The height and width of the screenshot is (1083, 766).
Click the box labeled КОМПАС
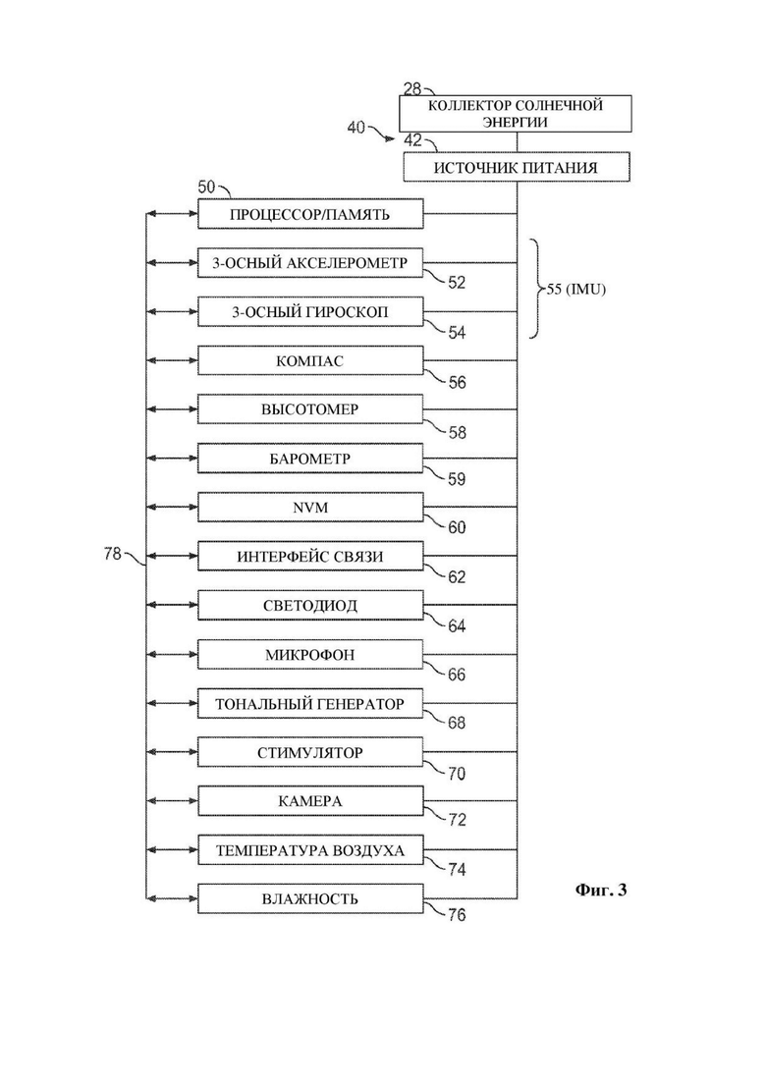coord(310,360)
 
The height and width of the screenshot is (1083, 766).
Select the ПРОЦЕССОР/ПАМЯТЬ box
coord(310,214)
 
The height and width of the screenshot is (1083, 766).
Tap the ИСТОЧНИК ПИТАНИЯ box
coord(517,167)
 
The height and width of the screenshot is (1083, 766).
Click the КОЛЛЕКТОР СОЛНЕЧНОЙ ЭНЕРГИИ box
coord(516,113)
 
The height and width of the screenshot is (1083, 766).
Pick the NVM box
coord(310,507)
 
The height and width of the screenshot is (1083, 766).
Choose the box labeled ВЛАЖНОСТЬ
coord(310,898)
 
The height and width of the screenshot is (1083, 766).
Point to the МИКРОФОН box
coord(310,654)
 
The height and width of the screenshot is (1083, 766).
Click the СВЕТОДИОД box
coord(310,605)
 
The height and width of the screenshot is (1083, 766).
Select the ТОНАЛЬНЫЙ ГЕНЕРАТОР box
coord(310,703)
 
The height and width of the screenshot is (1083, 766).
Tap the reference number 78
coord(113,553)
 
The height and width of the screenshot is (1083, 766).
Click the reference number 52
coord(457,283)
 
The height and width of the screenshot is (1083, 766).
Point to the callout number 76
coord(457,915)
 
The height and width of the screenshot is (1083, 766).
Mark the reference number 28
coord(412,88)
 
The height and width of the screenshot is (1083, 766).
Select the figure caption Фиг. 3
coord(601,890)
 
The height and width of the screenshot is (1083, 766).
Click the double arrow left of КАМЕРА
coord(172,800)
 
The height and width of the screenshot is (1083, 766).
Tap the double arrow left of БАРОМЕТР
coord(172,458)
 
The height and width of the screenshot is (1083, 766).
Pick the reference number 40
coord(356,128)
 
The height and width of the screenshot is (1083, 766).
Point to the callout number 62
coord(457,576)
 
